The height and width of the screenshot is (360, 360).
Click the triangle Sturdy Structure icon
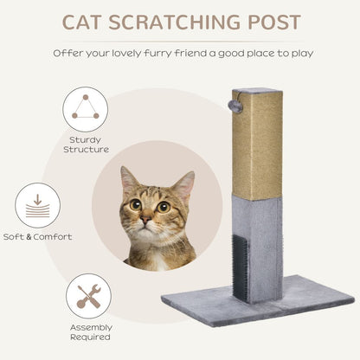tap(85, 109)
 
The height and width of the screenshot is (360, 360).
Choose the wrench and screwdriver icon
tap(87, 296)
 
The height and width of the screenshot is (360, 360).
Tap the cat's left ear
tap(129, 181)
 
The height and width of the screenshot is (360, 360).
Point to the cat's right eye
tap(163, 206)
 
